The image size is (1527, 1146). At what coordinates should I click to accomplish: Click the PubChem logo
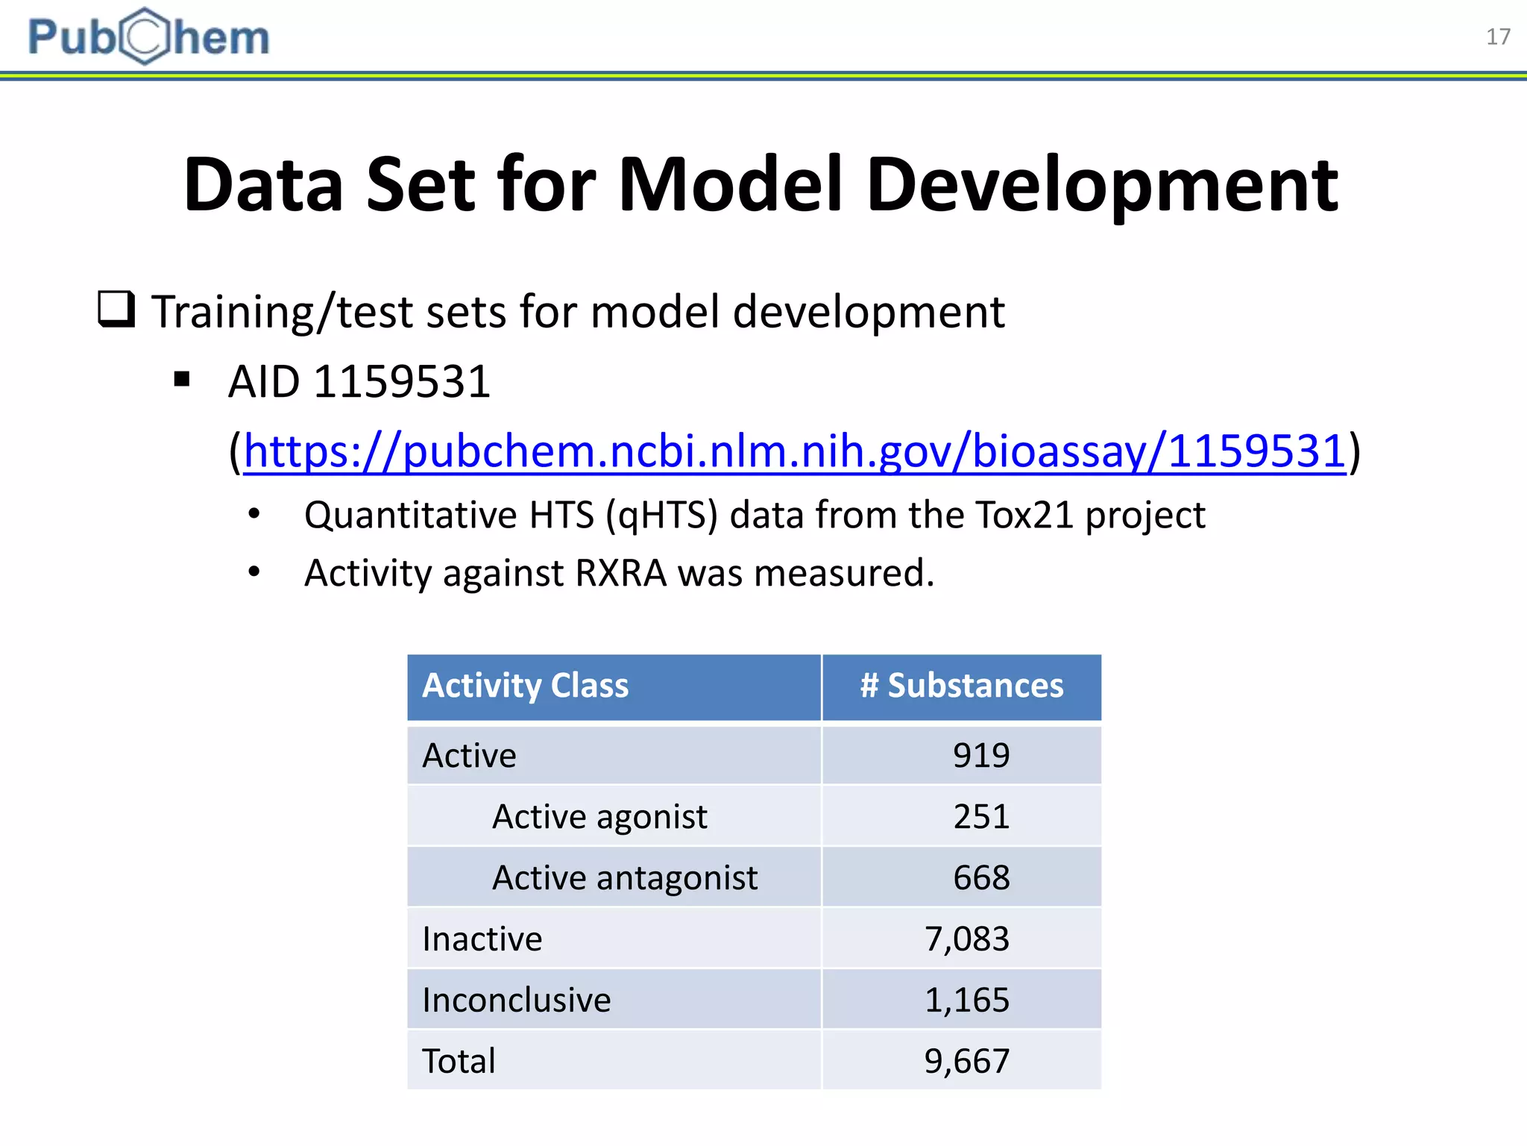point(148,37)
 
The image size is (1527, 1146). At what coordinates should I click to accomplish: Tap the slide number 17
point(1498,37)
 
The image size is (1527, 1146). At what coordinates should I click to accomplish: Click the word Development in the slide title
point(1102,186)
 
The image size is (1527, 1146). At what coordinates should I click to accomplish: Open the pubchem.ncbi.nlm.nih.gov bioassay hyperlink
point(795,451)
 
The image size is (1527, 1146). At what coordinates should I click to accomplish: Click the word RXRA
point(620,573)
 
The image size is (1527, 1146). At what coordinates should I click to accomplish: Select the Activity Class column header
point(526,686)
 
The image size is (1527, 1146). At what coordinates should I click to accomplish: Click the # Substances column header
point(961,686)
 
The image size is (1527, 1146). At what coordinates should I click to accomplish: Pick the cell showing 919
point(981,755)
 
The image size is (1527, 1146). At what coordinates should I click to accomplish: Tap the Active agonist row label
point(599,816)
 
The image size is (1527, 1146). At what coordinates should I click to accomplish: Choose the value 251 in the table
point(981,816)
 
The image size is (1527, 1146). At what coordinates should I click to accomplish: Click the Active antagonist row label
point(625,877)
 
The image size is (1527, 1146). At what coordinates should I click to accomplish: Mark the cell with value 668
point(981,877)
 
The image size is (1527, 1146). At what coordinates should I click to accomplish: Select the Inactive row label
point(482,939)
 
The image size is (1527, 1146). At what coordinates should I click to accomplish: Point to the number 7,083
point(967,939)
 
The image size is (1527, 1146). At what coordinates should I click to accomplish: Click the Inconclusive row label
point(517,1000)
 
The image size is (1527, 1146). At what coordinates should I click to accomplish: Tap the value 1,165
point(967,1000)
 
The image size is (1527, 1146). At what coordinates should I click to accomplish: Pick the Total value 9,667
point(967,1061)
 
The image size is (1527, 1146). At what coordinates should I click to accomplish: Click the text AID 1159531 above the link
point(359,382)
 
